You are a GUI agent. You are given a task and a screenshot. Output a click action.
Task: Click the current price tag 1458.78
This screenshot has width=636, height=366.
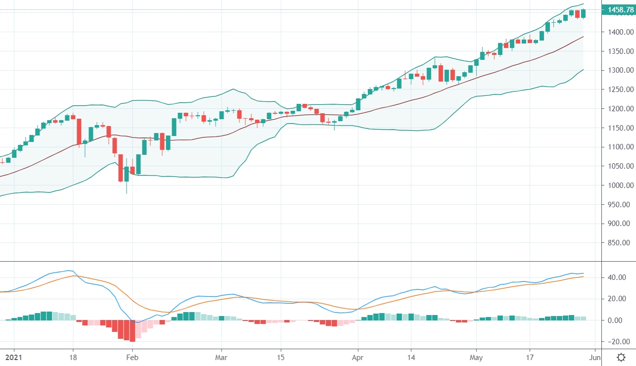[x=618, y=9]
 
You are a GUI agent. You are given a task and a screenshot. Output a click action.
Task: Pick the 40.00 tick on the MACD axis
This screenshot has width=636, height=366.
[x=618, y=277]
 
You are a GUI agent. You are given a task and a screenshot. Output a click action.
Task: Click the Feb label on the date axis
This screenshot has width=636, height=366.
[x=132, y=357]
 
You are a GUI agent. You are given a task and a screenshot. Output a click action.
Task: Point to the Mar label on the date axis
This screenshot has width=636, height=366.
[x=222, y=357]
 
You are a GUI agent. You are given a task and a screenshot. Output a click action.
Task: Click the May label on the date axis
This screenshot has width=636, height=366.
[x=476, y=357]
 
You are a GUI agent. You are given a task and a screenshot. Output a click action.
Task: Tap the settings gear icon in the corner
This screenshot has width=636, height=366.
[x=622, y=357]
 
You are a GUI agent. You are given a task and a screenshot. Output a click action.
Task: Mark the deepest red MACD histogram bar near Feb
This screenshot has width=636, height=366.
[x=132, y=331]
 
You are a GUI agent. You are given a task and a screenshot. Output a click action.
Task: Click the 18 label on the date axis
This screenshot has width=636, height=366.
[x=73, y=357]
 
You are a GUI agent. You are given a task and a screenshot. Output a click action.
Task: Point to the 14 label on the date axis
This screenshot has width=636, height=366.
[x=411, y=357]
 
